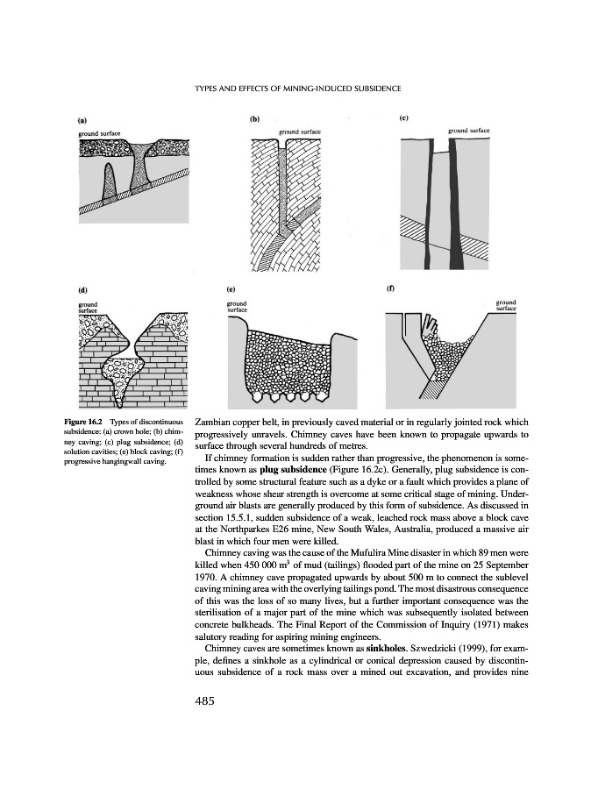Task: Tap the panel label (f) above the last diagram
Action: (x=390, y=287)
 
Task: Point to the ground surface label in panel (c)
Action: (x=468, y=130)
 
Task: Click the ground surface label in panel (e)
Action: (x=238, y=306)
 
